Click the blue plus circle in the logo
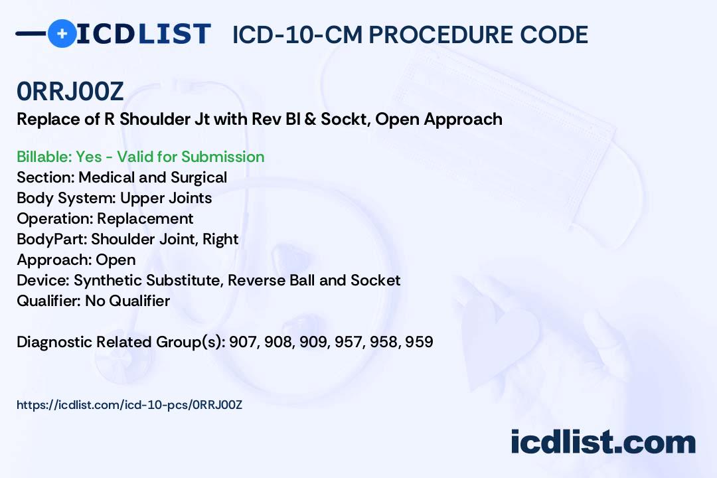pyautogui.click(x=62, y=33)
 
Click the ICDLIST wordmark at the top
pyautogui.click(x=143, y=33)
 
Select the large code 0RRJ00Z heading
pyautogui.click(x=70, y=92)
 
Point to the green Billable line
pyautogui.click(x=140, y=157)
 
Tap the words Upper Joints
pyautogui.click(x=165, y=198)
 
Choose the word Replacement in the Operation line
pyautogui.click(x=145, y=218)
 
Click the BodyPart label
pyautogui.click(x=52, y=239)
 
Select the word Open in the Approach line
pyautogui.click(x=116, y=260)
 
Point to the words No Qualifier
pyautogui.click(x=127, y=301)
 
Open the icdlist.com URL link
pyautogui.click(x=129, y=405)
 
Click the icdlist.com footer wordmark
pyautogui.click(x=603, y=442)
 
